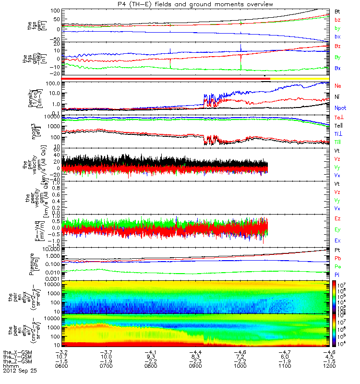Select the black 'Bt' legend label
tap(338, 11)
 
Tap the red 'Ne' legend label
tap(338, 85)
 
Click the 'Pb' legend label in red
tap(338, 258)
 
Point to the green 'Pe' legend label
tap(338, 266)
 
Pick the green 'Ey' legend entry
tap(338, 229)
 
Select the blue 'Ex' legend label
tap(338, 240)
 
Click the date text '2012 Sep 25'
tap(20, 371)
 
